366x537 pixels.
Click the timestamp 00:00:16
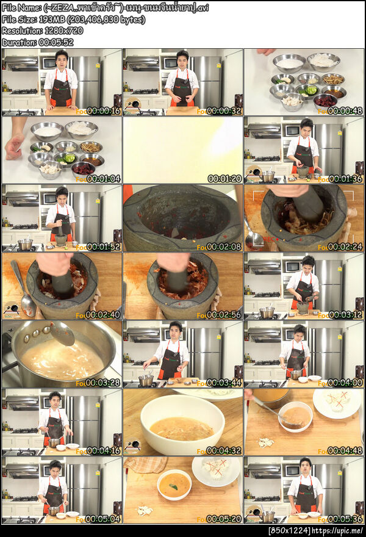point(103,110)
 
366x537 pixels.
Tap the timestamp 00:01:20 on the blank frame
point(224,179)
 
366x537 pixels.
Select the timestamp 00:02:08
point(224,247)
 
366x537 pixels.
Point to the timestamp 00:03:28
point(103,383)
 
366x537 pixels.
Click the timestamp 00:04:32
point(224,450)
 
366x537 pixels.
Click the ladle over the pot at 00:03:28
point(61,333)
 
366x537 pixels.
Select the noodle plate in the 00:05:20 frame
point(215,470)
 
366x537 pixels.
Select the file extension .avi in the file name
point(201,8)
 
